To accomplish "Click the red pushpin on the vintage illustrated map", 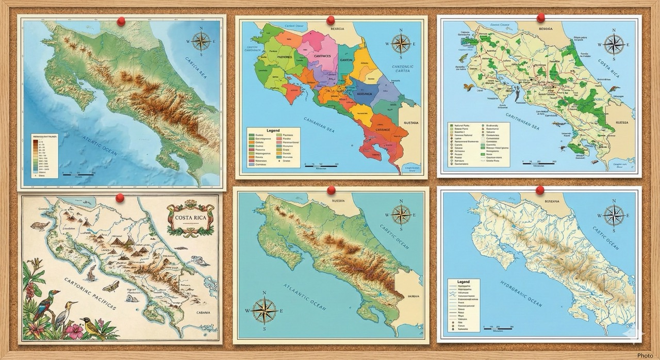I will click(x=120, y=198).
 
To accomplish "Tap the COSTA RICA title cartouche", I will click(x=190, y=218).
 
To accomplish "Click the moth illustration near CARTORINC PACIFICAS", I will click(x=111, y=286).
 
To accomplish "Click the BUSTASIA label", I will click(x=410, y=123).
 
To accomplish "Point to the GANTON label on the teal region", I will click(x=346, y=60).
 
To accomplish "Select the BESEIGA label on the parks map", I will click(x=552, y=29).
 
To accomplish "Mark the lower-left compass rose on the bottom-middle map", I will click(x=265, y=311).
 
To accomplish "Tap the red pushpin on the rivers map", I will click(x=540, y=190).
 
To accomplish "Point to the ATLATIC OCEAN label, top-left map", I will click(x=101, y=146).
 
